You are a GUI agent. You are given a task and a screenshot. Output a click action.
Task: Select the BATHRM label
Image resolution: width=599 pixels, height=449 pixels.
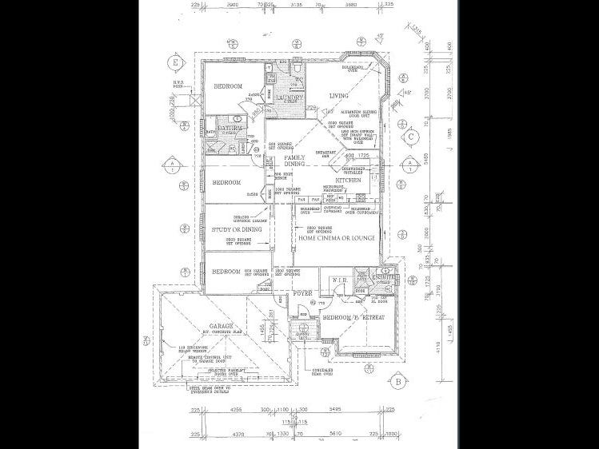(x=229, y=127)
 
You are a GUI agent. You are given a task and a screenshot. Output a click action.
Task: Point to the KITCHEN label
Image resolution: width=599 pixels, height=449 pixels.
(x=349, y=181)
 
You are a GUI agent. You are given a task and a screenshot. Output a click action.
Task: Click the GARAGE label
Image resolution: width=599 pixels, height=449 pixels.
(x=220, y=326)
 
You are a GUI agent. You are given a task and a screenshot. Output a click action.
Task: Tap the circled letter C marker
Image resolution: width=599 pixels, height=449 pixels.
(x=410, y=137)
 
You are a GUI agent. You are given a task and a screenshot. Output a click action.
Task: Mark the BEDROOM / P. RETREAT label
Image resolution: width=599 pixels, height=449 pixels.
(x=354, y=318)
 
